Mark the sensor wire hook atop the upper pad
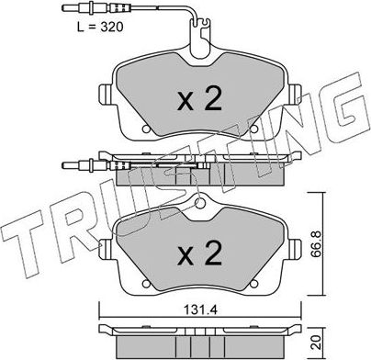(x=196, y=43)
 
